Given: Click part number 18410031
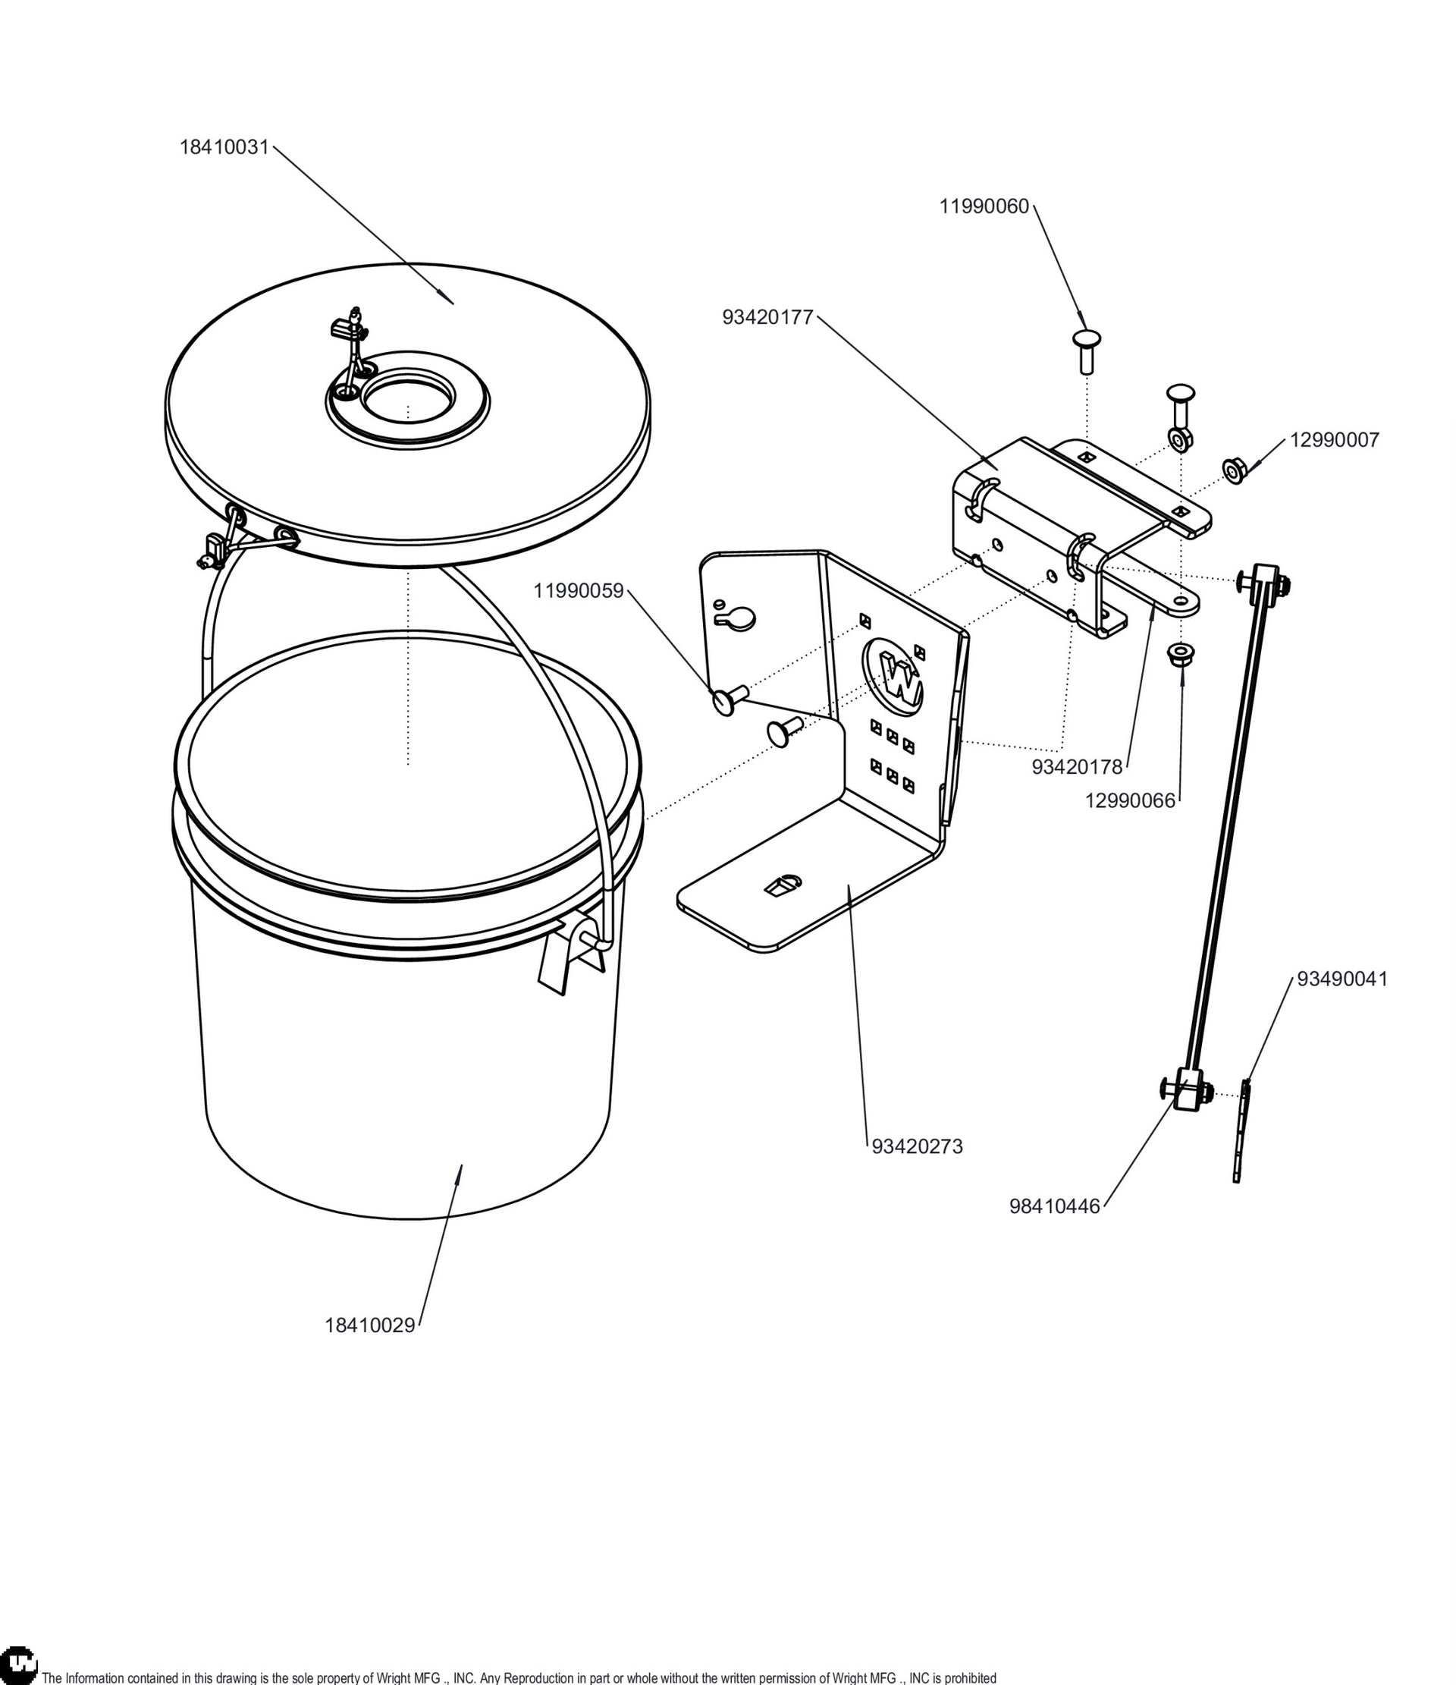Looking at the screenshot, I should tap(224, 147).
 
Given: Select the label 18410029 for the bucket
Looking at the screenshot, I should tap(370, 1325).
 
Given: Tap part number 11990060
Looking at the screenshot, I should tap(984, 206).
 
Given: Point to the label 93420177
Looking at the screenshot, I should tap(767, 318).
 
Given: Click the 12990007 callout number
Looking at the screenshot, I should tap(1334, 440).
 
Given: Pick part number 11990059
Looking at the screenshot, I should tap(578, 591).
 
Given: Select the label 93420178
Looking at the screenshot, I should tap(1076, 767).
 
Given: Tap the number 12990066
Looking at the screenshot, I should tap(1130, 801).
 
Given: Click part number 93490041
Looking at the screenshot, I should tap(1342, 979).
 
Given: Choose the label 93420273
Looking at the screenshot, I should tap(917, 1146).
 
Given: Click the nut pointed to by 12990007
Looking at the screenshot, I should tap(1235, 470).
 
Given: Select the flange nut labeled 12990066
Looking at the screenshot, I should tap(1178, 655).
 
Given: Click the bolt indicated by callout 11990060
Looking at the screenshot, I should tap(1086, 351).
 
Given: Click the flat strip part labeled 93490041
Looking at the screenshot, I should tap(1241, 1130).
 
